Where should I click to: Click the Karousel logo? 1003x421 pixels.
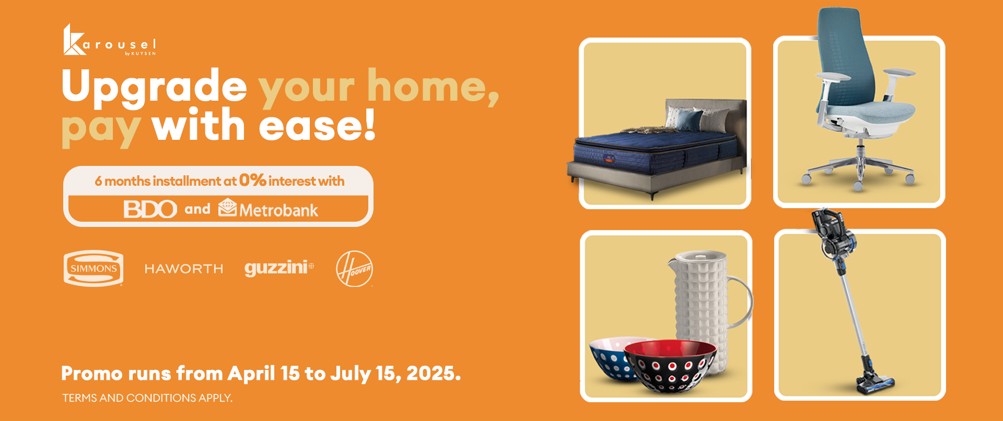pyautogui.click(x=110, y=40)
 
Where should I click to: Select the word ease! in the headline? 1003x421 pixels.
pyautogui.click(x=317, y=125)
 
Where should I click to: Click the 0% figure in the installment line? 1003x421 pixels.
pyautogui.click(x=253, y=180)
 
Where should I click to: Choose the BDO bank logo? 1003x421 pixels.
pyautogui.click(x=150, y=210)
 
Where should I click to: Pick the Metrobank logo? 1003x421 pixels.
pyautogui.click(x=268, y=209)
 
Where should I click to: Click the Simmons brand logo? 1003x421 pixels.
pyautogui.click(x=94, y=269)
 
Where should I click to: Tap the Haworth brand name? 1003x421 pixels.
pyautogui.click(x=184, y=269)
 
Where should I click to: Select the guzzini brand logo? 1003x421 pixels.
pyautogui.click(x=279, y=268)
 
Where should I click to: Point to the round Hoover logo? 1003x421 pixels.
pyautogui.click(x=354, y=269)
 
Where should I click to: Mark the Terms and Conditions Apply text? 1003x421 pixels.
pyautogui.click(x=147, y=398)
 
